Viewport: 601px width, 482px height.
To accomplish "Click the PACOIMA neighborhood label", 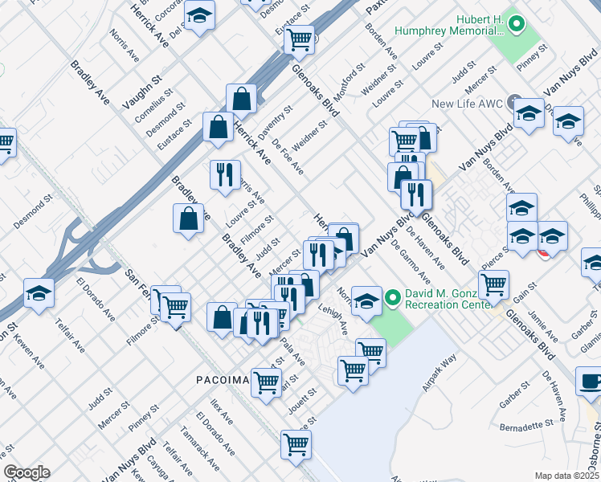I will coord(222,378).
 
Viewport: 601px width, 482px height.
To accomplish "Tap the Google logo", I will coord(27,472).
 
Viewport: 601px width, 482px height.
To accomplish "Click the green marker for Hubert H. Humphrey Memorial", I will coord(517,26).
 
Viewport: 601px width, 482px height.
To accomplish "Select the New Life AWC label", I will coord(466,104).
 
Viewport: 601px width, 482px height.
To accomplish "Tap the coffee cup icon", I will coord(590,382).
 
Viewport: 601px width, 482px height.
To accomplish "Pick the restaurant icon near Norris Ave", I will coord(225,173).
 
